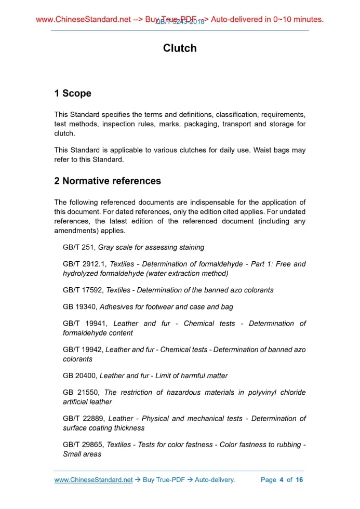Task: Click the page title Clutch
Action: click(180, 48)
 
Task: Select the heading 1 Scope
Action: click(73, 93)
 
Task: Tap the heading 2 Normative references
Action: click(108, 181)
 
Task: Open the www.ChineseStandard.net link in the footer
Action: click(94, 480)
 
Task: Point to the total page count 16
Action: click(299, 480)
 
